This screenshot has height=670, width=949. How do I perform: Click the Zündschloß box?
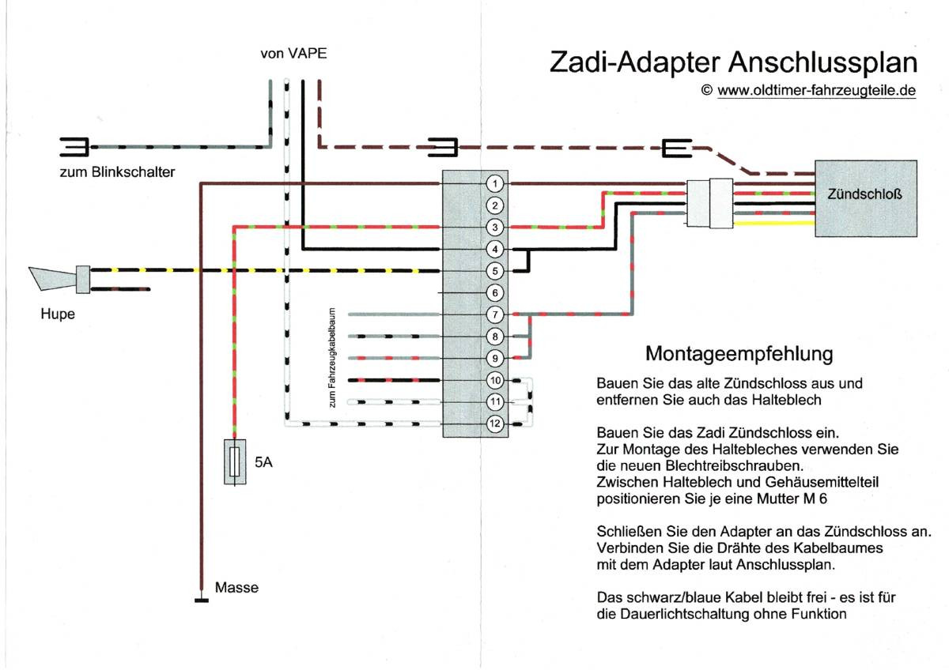(x=866, y=198)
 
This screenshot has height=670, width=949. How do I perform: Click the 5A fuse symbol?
(x=235, y=461)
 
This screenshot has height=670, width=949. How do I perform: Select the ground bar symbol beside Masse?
(x=202, y=600)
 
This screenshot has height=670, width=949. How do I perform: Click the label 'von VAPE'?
(x=293, y=54)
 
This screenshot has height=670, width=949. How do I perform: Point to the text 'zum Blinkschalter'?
(x=117, y=172)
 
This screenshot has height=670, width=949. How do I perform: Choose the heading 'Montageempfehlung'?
(x=739, y=353)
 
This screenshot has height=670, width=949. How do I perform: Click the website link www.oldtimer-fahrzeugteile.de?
(x=816, y=91)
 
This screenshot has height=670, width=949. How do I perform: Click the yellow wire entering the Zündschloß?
(x=775, y=224)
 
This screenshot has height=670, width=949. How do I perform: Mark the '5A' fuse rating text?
(x=263, y=463)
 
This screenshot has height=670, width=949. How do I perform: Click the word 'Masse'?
(x=236, y=588)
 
